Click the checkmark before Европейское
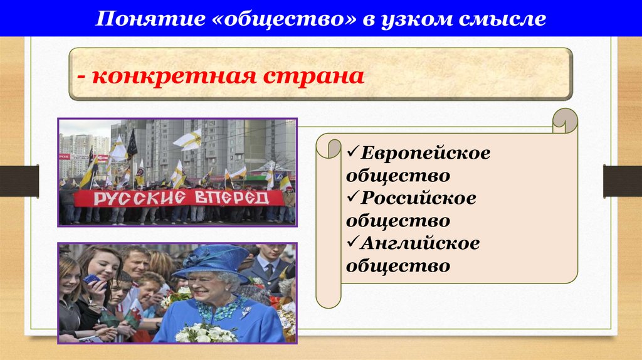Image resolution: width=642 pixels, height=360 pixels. [x=352, y=152]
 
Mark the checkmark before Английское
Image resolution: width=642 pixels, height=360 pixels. [x=352, y=243]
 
